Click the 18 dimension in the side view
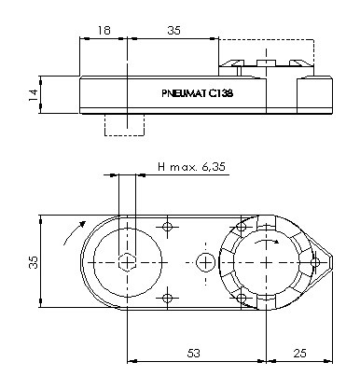tap(104, 31)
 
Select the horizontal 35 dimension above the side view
tap(173, 31)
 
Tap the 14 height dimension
tap(33, 94)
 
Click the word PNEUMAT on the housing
tap(184, 93)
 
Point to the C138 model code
tap(220, 93)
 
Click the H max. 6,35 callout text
tap(191, 167)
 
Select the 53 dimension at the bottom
tap(193, 354)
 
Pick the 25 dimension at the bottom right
tap(299, 354)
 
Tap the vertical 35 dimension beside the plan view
tap(33, 262)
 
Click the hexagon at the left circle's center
tap(127, 263)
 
